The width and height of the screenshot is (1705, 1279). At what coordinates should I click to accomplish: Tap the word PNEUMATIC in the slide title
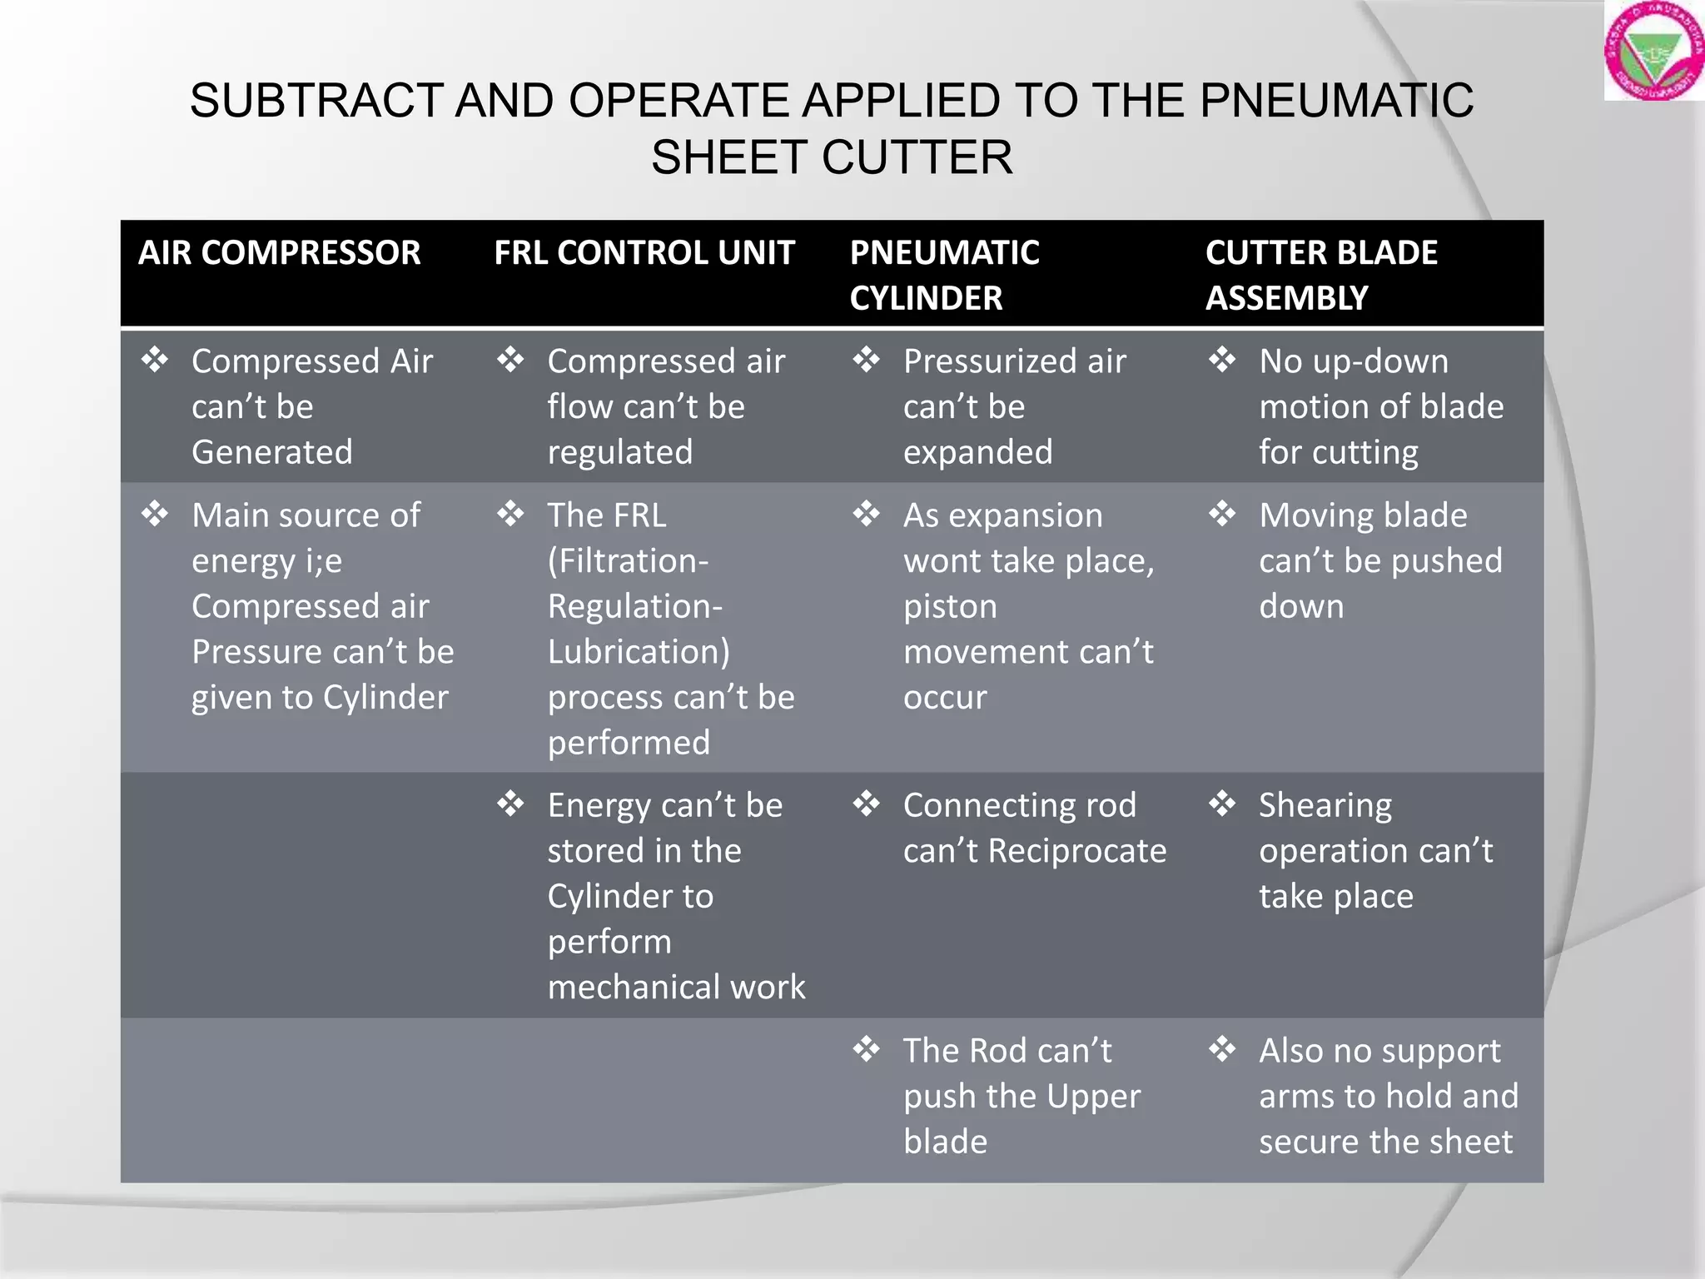(1336, 101)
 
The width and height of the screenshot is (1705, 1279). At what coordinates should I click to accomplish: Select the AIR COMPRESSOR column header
(280, 253)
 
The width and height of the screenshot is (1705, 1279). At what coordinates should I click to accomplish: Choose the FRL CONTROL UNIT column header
(644, 253)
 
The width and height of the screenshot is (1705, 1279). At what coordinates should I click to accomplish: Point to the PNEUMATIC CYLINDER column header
(944, 275)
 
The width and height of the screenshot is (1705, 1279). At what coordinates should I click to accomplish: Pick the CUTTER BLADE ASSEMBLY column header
(1321, 275)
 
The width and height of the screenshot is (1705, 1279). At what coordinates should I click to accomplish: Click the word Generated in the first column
(272, 452)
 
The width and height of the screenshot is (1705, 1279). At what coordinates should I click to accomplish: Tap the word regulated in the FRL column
(620, 452)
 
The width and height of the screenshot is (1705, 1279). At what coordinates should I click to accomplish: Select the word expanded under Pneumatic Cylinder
(978, 452)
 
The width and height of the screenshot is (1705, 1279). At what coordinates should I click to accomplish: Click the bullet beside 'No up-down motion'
(1222, 361)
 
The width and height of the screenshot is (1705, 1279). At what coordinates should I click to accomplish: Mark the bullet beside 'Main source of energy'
(155, 514)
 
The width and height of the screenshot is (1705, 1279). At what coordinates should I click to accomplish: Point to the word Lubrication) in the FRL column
(639, 651)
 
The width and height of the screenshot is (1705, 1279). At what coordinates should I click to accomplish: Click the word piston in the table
(950, 606)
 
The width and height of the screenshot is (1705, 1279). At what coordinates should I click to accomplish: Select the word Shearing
(1325, 805)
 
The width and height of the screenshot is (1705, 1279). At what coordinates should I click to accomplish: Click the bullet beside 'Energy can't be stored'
(510, 804)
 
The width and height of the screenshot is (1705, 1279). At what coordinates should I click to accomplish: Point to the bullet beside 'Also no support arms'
(1222, 1049)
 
